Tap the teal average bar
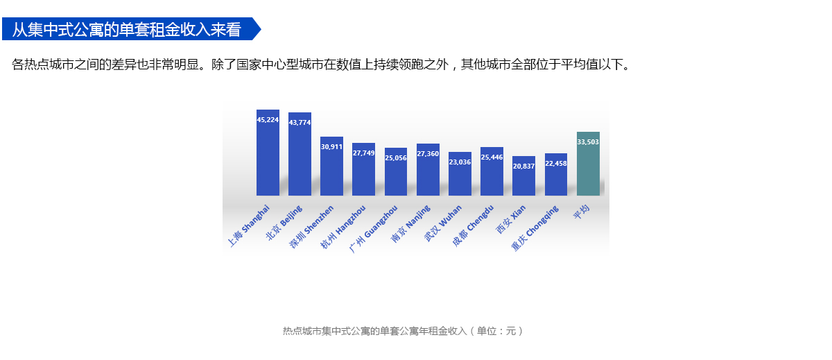pos(588,166)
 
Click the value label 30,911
pos(331,147)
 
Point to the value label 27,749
pos(363,153)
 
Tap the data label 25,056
pos(396,157)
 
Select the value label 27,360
pos(428,153)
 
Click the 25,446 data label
pos(492,157)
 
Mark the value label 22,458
pos(556,163)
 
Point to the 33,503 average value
pos(588,142)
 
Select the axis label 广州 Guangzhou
pos(374,229)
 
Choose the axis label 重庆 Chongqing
pos(535,229)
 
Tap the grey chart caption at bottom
pos(402,331)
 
